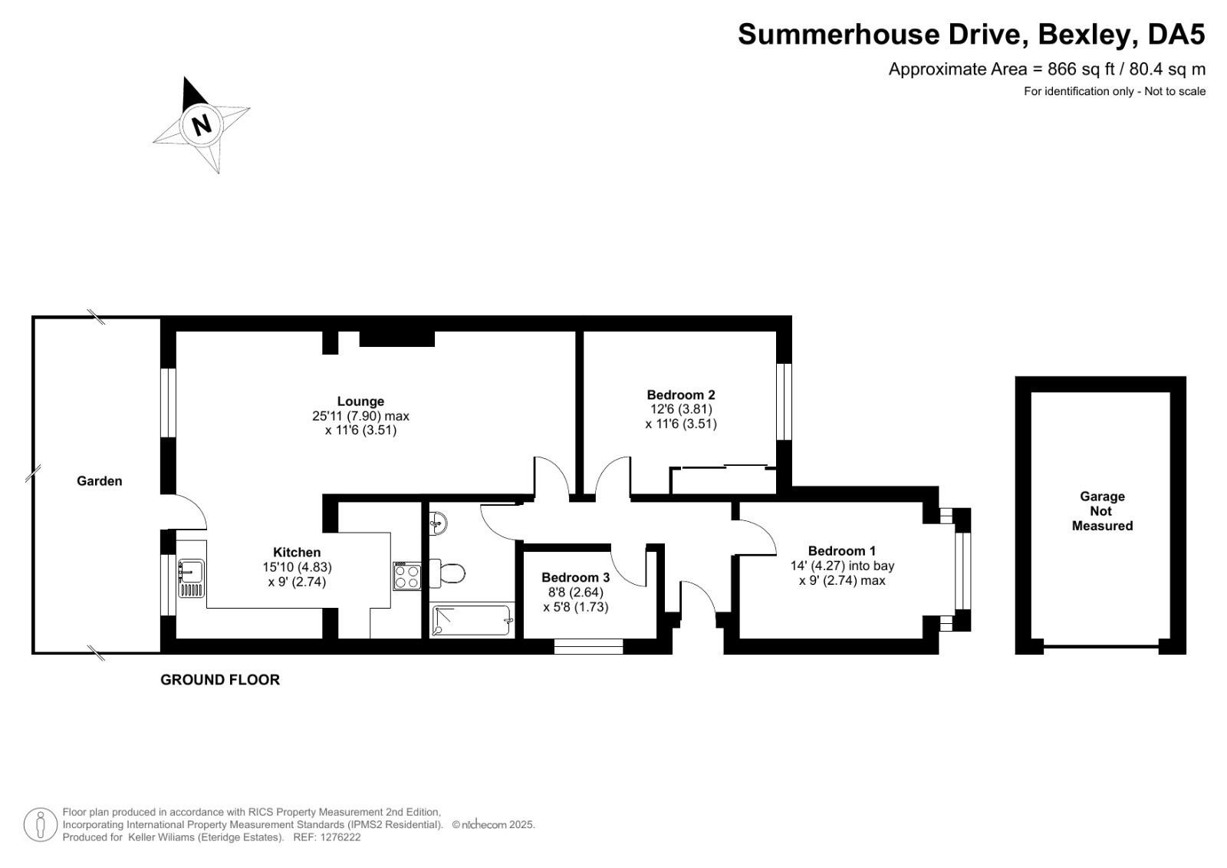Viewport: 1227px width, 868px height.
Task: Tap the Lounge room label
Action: pyautogui.click(x=360, y=401)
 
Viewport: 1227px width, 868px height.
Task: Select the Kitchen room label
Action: pyautogui.click(x=297, y=552)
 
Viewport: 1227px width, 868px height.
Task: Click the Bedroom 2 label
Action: pyautogui.click(x=681, y=394)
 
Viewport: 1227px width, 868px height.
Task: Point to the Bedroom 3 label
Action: pyautogui.click(x=575, y=577)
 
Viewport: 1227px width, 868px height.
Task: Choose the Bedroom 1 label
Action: pyautogui.click(x=842, y=550)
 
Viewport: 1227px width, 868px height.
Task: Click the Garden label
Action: pyautogui.click(x=99, y=481)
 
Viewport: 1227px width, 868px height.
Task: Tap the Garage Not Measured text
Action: pyautogui.click(x=1102, y=511)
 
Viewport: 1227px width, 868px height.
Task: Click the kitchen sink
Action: pyautogui.click(x=191, y=578)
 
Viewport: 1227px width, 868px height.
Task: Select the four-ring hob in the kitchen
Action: pyautogui.click(x=407, y=576)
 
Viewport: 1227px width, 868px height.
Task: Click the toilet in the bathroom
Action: pyautogui.click(x=447, y=573)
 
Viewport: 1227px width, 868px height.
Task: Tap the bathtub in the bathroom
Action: pyautogui.click(x=472, y=620)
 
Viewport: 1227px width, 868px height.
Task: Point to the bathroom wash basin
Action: pyautogui.click(x=438, y=523)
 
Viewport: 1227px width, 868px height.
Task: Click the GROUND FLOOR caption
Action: pyautogui.click(x=219, y=680)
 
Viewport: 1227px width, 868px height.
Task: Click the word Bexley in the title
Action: pyautogui.click(x=1084, y=34)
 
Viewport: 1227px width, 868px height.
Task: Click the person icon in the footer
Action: pyautogui.click(x=40, y=824)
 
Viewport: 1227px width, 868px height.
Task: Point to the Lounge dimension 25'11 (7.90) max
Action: pyautogui.click(x=360, y=416)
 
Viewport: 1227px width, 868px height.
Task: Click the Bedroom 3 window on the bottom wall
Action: pyautogui.click(x=588, y=646)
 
